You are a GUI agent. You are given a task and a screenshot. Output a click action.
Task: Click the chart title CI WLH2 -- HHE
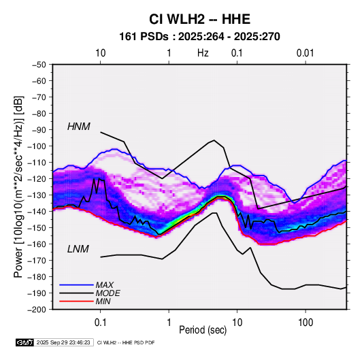(x=199, y=19)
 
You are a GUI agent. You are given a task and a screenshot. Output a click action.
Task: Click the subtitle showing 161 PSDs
(x=199, y=37)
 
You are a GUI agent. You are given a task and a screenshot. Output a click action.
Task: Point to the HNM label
(x=79, y=127)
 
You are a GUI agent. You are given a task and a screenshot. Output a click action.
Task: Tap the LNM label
(x=78, y=249)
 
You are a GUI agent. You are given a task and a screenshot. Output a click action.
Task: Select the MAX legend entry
(x=105, y=285)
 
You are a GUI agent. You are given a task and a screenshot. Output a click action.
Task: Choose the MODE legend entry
(x=107, y=293)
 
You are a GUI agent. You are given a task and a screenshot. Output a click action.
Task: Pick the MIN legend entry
(x=103, y=301)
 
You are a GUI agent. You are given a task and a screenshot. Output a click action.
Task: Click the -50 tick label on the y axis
(x=39, y=65)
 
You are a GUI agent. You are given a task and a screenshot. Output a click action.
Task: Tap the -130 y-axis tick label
(x=37, y=195)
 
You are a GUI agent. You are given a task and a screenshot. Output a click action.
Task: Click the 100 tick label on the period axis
(x=305, y=323)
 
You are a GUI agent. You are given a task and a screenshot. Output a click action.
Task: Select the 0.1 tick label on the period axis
(x=100, y=323)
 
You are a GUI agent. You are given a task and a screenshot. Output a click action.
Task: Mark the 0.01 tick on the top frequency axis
(x=305, y=53)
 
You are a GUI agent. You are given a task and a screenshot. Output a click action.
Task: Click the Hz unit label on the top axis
(x=203, y=53)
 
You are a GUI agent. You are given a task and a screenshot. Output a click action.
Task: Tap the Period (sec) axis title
(x=203, y=330)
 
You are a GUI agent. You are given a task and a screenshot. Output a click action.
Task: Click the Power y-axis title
(x=18, y=186)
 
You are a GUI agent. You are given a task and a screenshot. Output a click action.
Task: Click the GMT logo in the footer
(x=24, y=342)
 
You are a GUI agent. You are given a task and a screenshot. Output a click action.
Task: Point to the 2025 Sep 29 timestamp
(x=63, y=342)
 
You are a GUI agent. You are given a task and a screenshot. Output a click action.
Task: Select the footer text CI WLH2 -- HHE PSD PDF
(x=126, y=342)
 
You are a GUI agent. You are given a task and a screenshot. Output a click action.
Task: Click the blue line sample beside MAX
(x=77, y=285)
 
